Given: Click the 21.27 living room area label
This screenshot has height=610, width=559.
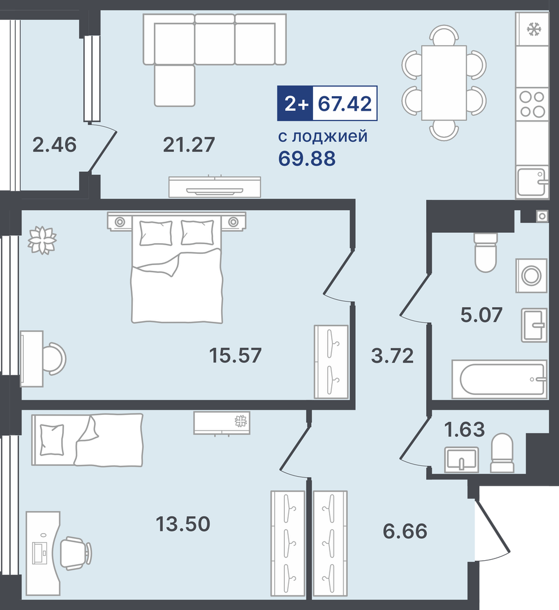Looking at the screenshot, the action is click(x=189, y=145).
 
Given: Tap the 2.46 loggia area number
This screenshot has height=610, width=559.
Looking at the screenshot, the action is click(x=54, y=145).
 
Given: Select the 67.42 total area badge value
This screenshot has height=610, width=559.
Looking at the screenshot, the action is click(x=345, y=103).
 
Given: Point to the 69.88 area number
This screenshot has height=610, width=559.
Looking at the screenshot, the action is click(x=307, y=158).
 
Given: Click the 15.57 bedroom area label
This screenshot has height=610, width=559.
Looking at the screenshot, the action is click(x=235, y=355).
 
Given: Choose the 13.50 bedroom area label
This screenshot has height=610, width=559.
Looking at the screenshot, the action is click(x=183, y=524).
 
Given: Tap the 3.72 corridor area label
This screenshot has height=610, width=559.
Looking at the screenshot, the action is click(x=392, y=355).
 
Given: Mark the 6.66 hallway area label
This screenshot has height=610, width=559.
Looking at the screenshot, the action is click(x=405, y=531).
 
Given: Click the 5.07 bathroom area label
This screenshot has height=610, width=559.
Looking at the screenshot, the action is click(x=482, y=314).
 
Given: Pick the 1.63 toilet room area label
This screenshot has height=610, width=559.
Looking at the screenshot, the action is click(x=465, y=430).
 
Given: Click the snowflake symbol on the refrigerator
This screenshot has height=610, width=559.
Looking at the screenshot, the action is click(x=534, y=29).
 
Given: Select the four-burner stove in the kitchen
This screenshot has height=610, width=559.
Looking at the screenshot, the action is click(x=532, y=104).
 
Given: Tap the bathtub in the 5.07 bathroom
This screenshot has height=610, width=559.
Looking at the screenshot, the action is click(x=500, y=379).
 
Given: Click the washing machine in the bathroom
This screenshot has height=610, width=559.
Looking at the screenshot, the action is click(x=531, y=275).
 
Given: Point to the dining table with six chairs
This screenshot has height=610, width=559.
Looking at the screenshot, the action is click(x=444, y=83).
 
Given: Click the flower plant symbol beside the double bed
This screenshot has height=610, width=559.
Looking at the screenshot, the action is click(x=42, y=240).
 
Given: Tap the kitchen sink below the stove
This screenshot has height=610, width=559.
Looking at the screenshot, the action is click(x=532, y=182).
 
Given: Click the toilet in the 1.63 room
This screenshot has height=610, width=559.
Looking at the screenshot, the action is click(x=502, y=453).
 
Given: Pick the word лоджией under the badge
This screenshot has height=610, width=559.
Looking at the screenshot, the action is click(x=330, y=137).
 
